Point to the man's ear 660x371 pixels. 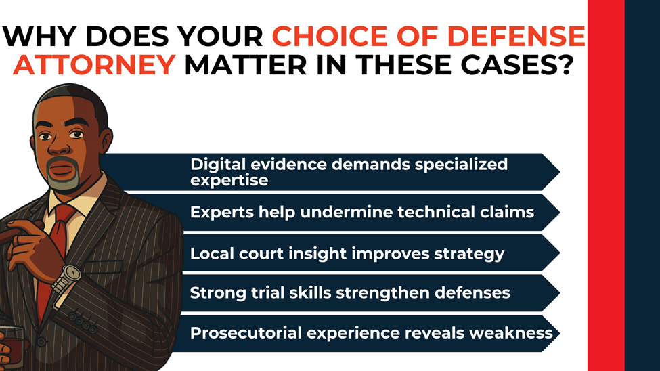tap(103, 135)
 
